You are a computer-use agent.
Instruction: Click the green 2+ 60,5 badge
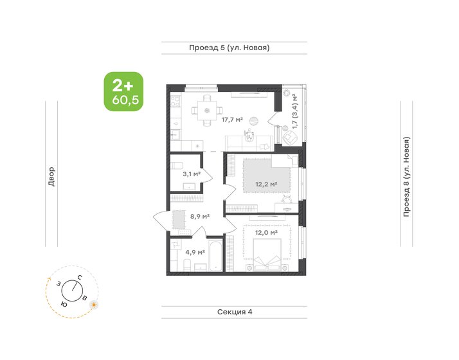click(x=123, y=92)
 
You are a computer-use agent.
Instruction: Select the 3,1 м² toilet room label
click(x=192, y=174)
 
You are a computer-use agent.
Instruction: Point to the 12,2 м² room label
click(x=266, y=184)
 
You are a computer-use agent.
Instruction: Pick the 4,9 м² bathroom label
click(x=195, y=251)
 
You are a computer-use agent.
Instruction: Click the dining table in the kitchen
click(x=207, y=111)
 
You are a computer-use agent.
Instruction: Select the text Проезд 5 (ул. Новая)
click(x=229, y=48)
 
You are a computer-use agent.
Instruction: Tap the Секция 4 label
click(x=234, y=312)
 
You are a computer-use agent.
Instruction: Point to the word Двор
click(x=51, y=176)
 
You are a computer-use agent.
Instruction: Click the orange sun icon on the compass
click(x=94, y=303)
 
